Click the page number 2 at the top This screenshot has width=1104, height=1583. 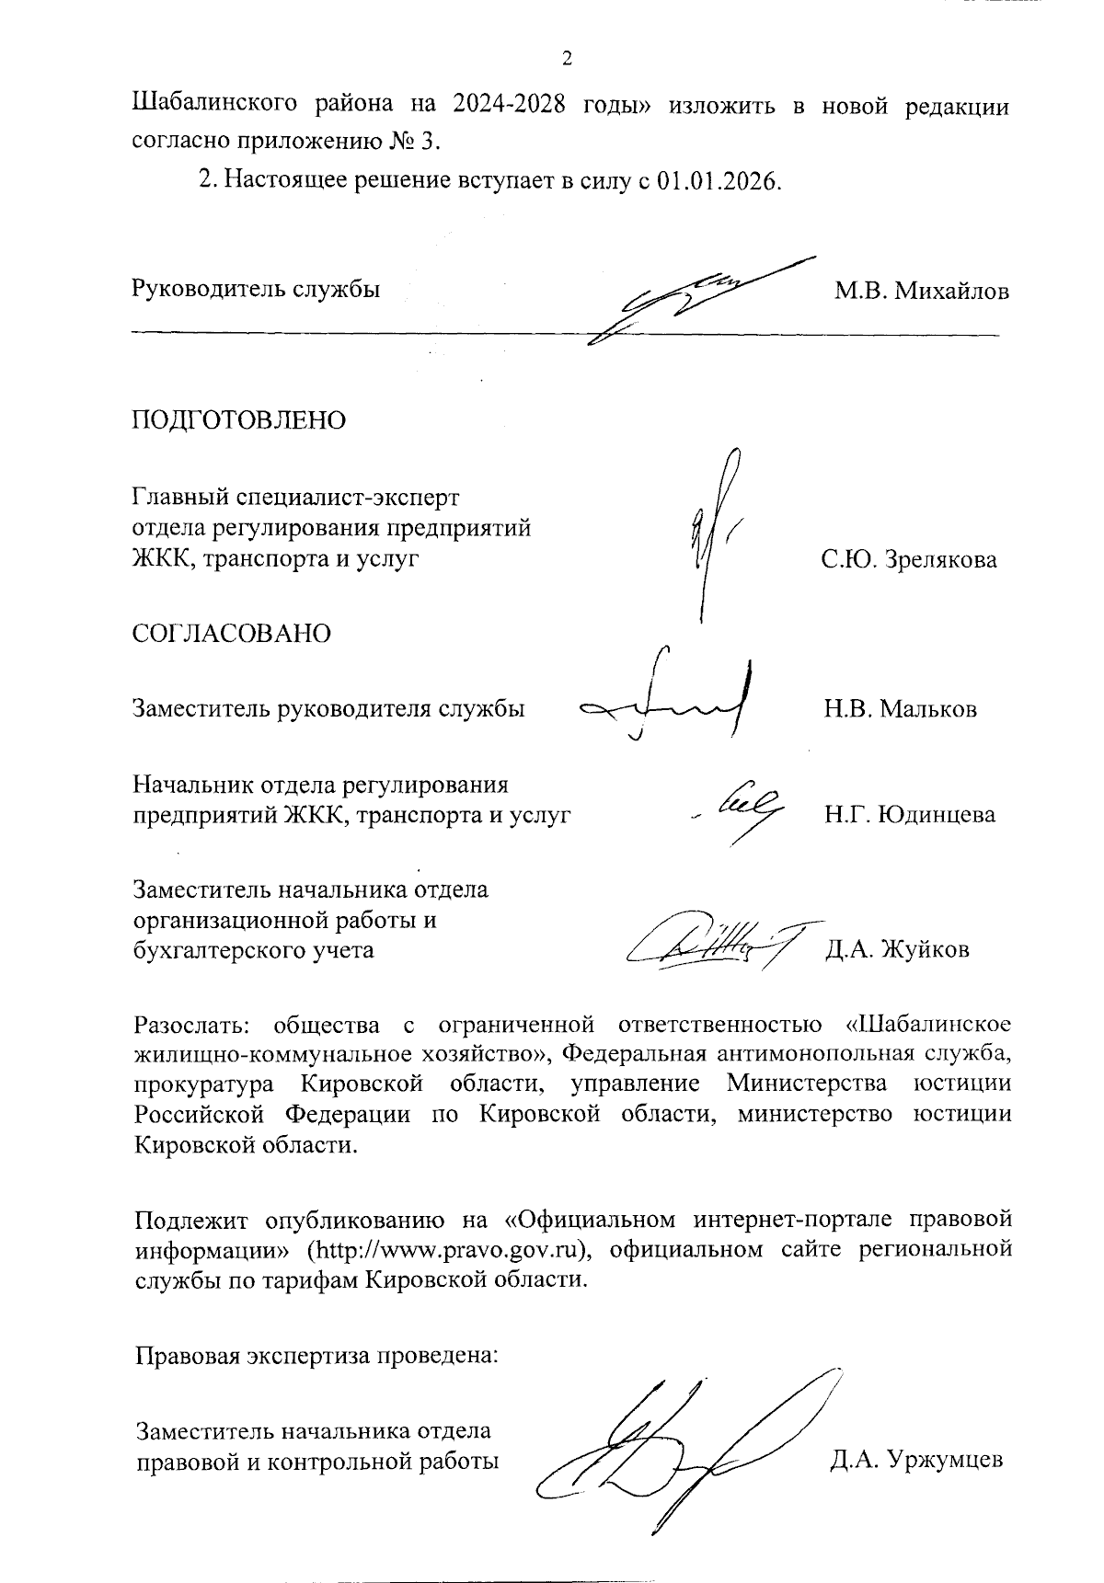(x=567, y=59)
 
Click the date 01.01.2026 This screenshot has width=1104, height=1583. (x=719, y=180)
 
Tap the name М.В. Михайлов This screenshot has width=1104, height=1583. (x=921, y=292)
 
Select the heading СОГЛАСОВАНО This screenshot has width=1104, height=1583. (x=232, y=634)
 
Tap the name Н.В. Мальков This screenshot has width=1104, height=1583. (x=900, y=709)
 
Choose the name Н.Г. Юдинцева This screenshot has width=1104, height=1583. (x=909, y=815)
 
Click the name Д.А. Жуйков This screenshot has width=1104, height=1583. (x=897, y=949)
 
